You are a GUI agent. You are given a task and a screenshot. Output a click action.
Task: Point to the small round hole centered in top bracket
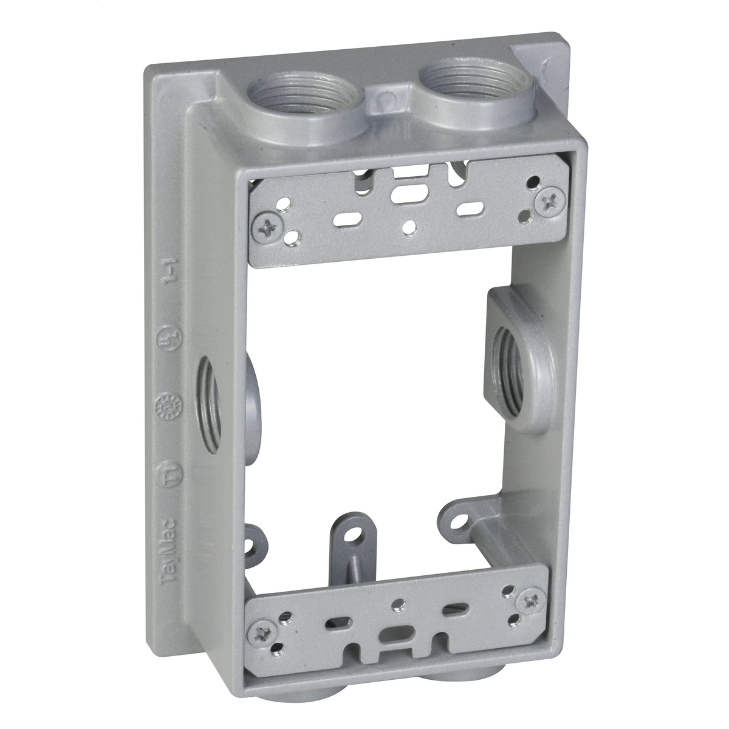pos(412,226)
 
